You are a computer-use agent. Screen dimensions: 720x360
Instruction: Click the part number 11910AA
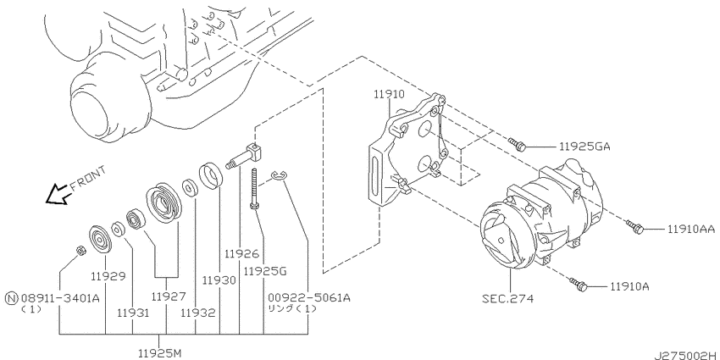click(690, 229)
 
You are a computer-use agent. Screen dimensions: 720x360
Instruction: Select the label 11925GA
click(584, 147)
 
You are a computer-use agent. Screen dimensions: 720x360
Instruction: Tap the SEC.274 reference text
click(508, 298)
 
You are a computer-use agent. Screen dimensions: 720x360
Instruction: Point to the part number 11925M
click(160, 353)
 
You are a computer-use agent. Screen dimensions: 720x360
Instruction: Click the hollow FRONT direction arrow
click(58, 194)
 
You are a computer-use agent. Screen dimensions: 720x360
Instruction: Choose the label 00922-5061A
click(309, 298)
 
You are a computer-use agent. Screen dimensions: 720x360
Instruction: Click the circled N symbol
click(12, 298)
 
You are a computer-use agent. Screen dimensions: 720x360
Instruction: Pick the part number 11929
click(108, 276)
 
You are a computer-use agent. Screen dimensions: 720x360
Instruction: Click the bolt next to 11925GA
click(517, 144)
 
